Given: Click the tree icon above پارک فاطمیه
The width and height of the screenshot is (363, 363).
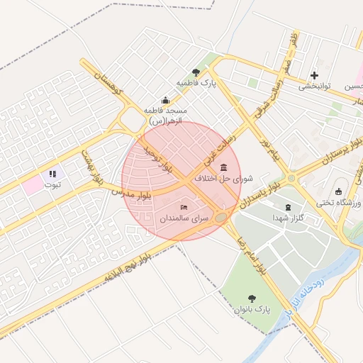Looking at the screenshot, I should pyautogui.click(x=196, y=72).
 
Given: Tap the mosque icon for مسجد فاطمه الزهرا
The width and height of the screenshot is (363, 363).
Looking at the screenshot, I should pyautogui.click(x=165, y=100).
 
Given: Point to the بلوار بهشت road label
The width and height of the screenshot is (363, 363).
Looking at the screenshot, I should pyautogui.click(x=92, y=167).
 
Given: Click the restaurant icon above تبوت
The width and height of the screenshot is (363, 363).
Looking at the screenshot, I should pyautogui.click(x=52, y=174).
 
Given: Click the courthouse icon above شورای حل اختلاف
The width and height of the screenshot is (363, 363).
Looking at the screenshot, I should pyautogui.click(x=224, y=167).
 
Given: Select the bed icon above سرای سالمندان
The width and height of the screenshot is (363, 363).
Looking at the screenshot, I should pyautogui.click(x=184, y=207).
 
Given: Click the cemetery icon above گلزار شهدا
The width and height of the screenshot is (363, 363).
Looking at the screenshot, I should pyautogui.click(x=287, y=208).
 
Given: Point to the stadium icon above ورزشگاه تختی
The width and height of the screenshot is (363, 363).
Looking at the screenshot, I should pyautogui.click(x=339, y=191).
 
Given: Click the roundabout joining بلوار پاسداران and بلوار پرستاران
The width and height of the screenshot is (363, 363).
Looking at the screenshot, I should pyautogui.click(x=291, y=179).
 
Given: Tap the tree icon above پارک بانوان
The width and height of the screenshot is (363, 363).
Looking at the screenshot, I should pyautogui.click(x=252, y=298).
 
